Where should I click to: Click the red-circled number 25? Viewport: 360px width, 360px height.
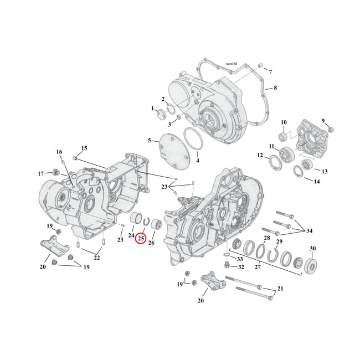141,239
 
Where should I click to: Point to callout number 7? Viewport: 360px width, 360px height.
270,73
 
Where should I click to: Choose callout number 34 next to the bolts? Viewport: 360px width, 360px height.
309,230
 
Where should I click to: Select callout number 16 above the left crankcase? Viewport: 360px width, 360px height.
59,152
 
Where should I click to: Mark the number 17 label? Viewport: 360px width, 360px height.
40,173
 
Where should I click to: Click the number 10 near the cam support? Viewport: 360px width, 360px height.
283,122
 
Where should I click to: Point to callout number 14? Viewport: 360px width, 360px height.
317,182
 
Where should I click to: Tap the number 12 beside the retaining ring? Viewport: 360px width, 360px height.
260,156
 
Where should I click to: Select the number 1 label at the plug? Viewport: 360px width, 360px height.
152,109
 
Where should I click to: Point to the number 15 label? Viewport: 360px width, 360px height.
84,148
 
